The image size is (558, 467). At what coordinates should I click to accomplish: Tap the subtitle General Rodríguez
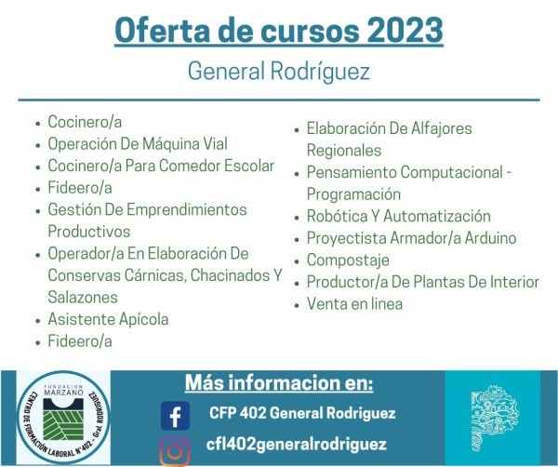(279, 72)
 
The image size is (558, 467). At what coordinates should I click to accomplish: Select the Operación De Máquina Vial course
(138, 144)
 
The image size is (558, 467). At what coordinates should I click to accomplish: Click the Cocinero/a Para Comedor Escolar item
(161, 166)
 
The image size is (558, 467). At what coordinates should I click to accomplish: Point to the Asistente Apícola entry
(108, 319)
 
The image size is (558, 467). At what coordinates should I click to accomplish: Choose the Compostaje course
(348, 260)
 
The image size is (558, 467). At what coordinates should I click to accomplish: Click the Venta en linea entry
(355, 304)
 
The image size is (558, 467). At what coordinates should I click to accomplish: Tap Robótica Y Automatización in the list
(399, 216)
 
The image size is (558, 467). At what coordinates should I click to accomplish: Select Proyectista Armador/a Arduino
(411, 238)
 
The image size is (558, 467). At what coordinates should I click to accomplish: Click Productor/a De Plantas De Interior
(423, 282)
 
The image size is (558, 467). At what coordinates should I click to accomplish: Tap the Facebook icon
(175, 416)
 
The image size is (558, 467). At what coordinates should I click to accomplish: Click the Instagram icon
(175, 451)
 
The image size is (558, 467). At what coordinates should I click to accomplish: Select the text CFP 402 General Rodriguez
(302, 413)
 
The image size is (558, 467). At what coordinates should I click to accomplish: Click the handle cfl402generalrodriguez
(296, 445)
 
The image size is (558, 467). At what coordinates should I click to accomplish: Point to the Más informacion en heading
(279, 382)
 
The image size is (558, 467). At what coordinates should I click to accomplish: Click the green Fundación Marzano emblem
(63, 419)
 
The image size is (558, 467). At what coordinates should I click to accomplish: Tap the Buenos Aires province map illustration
(495, 418)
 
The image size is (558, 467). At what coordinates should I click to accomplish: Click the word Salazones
(83, 297)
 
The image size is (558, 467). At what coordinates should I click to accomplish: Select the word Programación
(353, 194)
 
